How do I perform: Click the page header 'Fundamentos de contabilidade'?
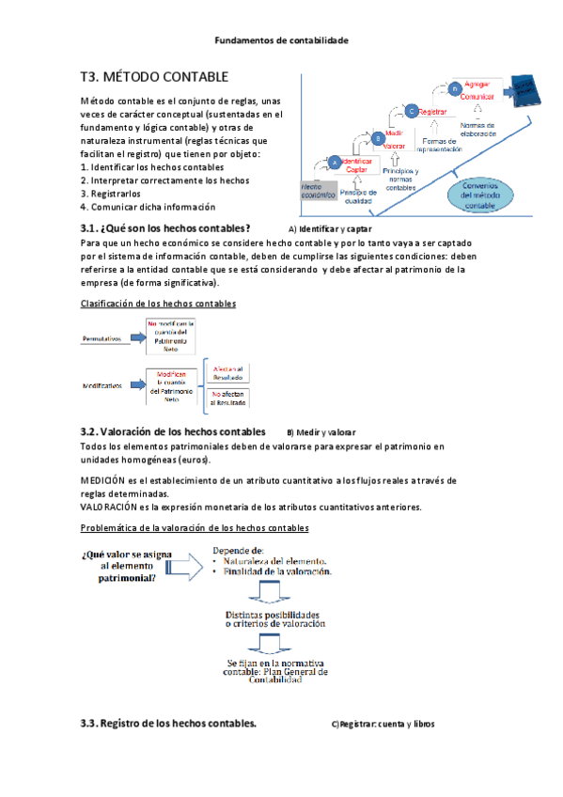[281, 40]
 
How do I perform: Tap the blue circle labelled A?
[333, 162]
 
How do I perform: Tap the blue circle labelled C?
[411, 111]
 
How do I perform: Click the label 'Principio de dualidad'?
[359, 196]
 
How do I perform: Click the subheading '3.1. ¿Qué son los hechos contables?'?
[166, 228]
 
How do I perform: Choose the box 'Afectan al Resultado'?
[228, 372]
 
